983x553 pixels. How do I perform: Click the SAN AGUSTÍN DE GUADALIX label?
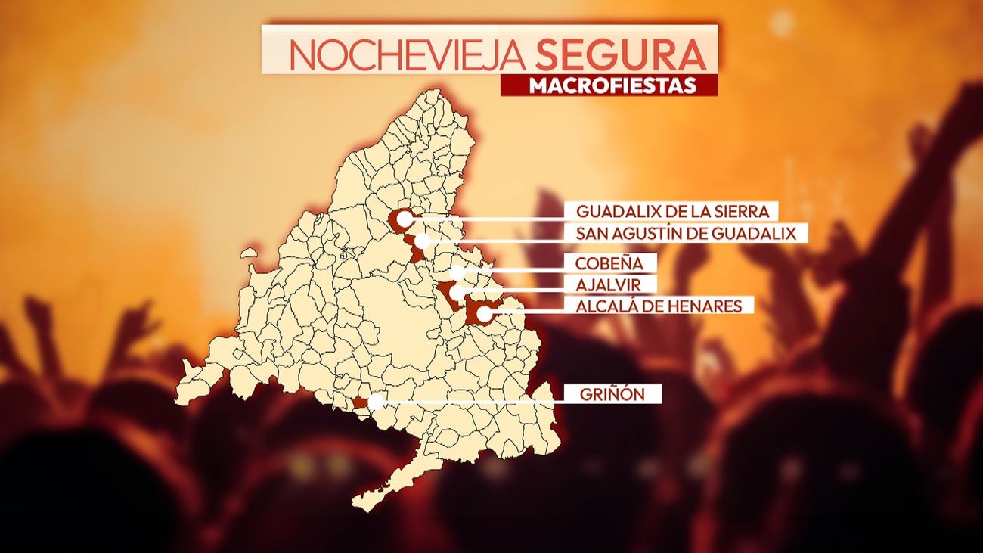pyautogui.click(x=686, y=233)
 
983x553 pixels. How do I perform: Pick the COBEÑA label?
pyautogui.click(x=609, y=264)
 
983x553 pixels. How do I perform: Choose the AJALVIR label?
pyautogui.click(x=606, y=284)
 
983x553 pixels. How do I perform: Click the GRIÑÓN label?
pyautogui.click(x=612, y=394)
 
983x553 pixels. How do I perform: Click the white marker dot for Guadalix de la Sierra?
pyautogui.click(x=405, y=219)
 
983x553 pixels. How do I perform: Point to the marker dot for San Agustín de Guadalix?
pyautogui.click(x=422, y=241)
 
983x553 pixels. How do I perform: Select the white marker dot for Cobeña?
pyautogui.click(x=456, y=272)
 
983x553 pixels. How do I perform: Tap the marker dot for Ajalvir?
pyautogui.click(x=456, y=291)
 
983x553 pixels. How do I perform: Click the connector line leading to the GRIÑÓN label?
pyautogui.click(x=469, y=400)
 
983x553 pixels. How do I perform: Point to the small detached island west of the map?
pyautogui.click(x=249, y=254)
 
